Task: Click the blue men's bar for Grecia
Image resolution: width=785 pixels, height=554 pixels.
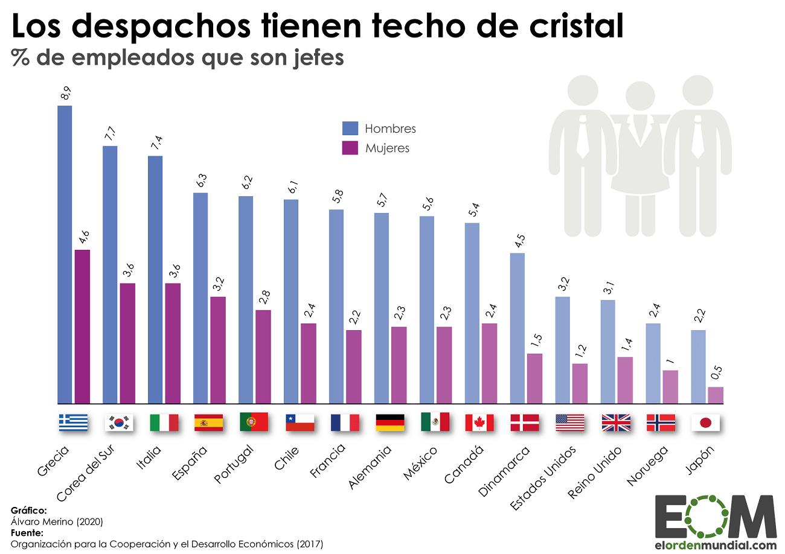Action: coord(65,254)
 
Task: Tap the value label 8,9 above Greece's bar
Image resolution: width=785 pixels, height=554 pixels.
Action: coord(65,94)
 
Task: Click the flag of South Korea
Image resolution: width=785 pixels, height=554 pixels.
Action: coord(118,422)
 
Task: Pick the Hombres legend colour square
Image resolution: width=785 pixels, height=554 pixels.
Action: coord(350,129)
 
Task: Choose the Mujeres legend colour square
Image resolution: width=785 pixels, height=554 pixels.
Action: coord(350,148)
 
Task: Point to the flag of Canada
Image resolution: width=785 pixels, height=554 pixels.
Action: coord(479,422)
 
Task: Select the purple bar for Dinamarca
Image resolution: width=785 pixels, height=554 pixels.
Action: coord(534,378)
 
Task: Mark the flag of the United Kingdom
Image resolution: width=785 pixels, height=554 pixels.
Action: coord(615,422)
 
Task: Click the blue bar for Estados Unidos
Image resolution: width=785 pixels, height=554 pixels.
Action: coord(563,349)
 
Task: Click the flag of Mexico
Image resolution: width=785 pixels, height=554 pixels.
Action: coord(435,422)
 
